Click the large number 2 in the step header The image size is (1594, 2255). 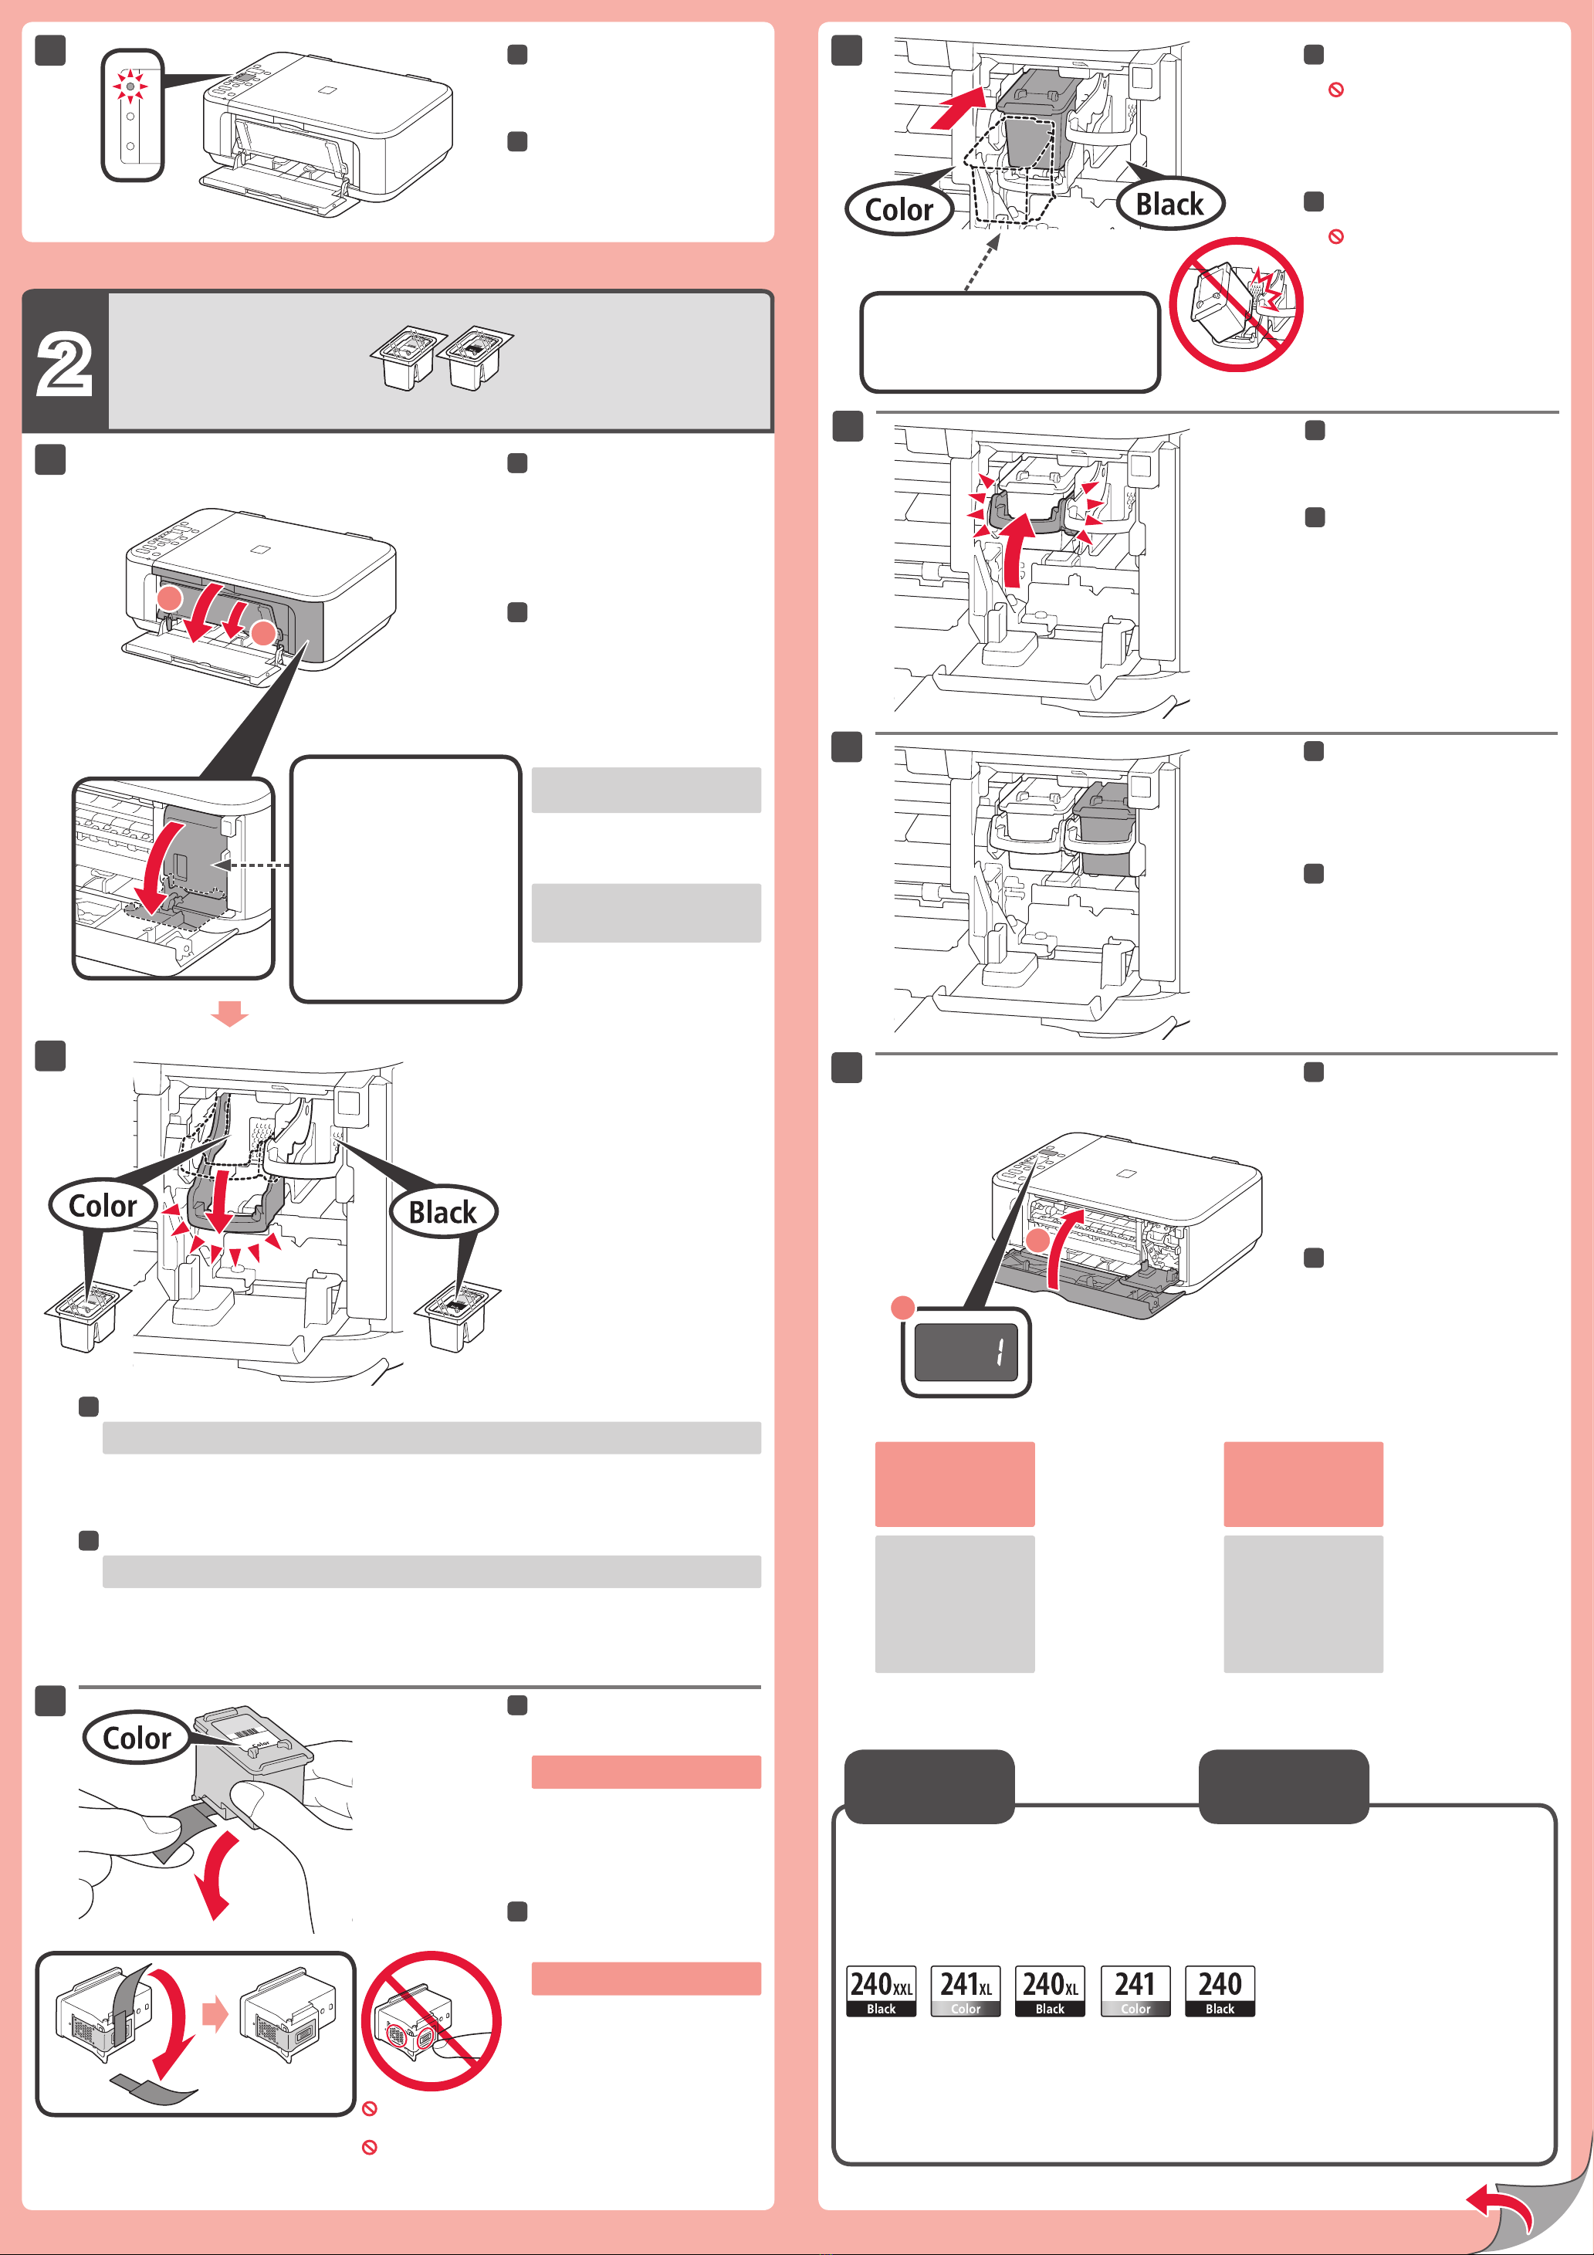pyautogui.click(x=65, y=364)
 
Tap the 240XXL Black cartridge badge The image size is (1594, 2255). pyautogui.click(x=881, y=1990)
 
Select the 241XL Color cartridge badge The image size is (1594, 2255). pyautogui.click(x=966, y=1990)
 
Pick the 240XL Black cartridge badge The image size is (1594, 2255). pyautogui.click(x=1050, y=1990)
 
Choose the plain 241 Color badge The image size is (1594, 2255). pyautogui.click(x=1135, y=1990)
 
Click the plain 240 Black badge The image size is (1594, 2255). pyautogui.click(x=1220, y=1990)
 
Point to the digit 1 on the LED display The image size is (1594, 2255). pyautogui.click(x=1000, y=1353)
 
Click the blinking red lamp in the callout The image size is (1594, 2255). pyautogui.click(x=130, y=86)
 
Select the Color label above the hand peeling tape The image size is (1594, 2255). pyautogui.click(x=137, y=1738)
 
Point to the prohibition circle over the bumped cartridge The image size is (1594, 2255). pyautogui.click(x=1237, y=304)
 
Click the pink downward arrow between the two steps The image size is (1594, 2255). pyautogui.click(x=230, y=1014)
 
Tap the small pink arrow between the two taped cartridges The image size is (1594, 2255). pyautogui.click(x=215, y=2014)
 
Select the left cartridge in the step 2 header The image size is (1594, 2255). pyautogui.click(x=404, y=357)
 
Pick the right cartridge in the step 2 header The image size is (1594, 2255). pyautogui.click(x=475, y=357)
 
